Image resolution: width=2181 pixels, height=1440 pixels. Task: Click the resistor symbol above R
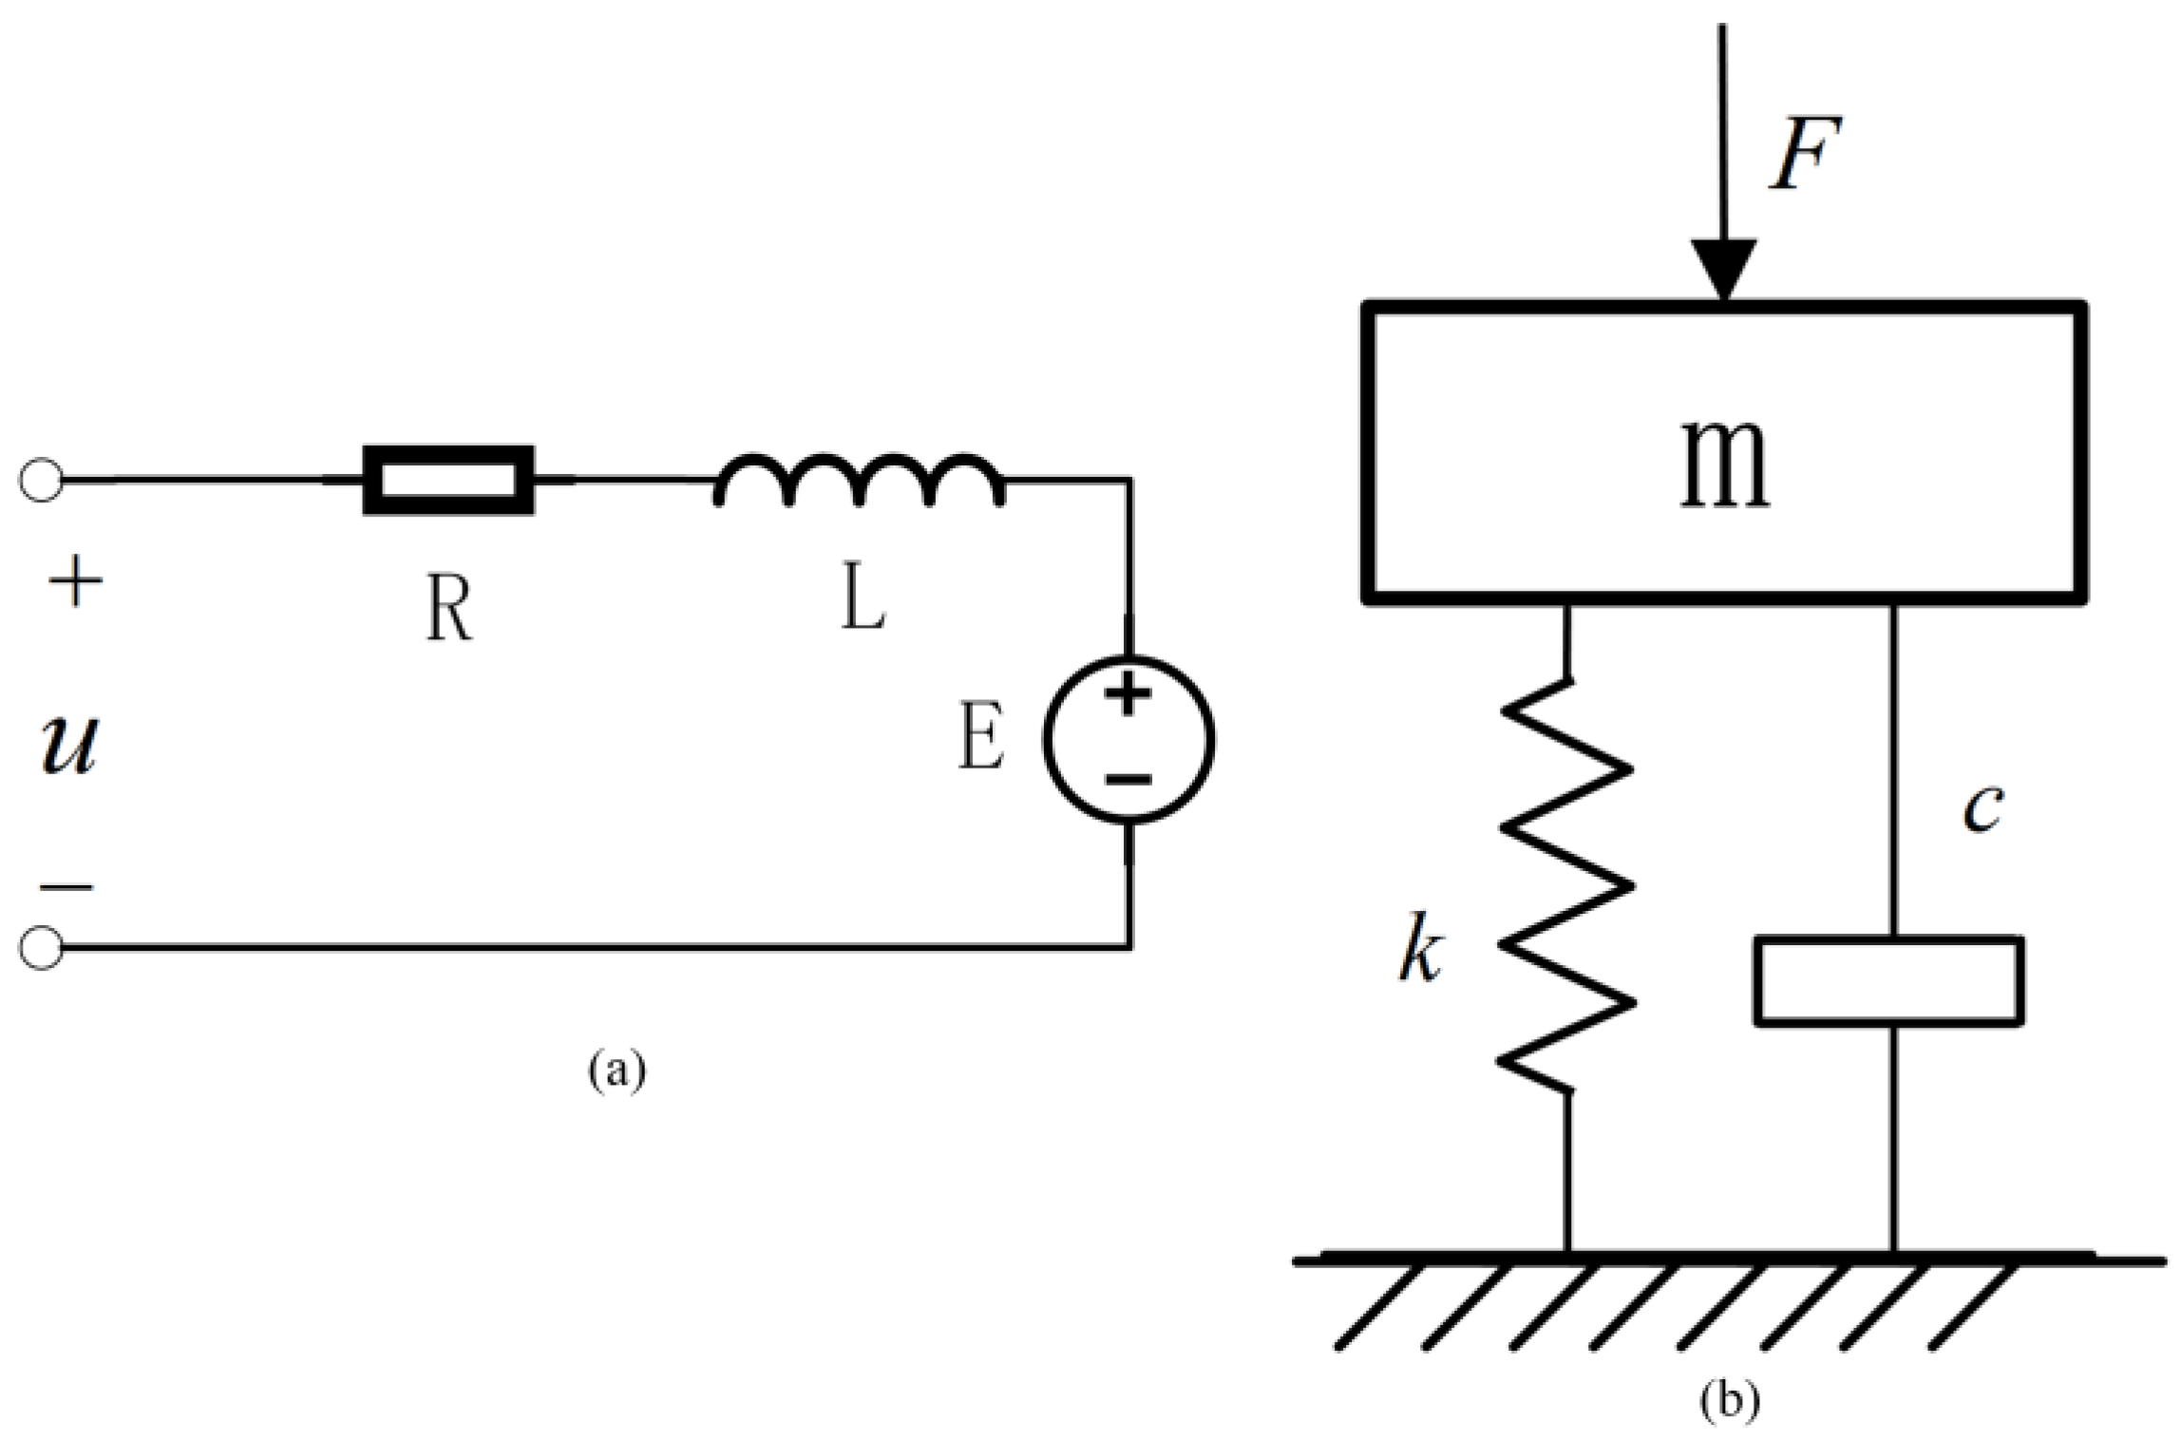coord(448,481)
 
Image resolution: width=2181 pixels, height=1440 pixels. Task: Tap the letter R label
coord(448,609)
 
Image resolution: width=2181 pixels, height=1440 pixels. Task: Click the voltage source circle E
coord(1128,738)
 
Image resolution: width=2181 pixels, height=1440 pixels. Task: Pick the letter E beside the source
coord(980,737)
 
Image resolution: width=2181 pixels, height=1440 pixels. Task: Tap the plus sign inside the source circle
coord(1128,694)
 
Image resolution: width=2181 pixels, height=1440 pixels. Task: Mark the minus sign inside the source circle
coord(1128,780)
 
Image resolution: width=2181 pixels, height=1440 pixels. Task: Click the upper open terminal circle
coord(41,481)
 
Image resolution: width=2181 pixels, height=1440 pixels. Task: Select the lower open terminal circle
coord(41,947)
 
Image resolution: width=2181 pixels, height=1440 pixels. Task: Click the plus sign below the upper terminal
coord(75,581)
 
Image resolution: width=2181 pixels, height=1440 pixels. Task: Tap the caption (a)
coord(617,1071)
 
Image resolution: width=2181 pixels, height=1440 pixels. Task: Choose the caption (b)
coord(1730,1400)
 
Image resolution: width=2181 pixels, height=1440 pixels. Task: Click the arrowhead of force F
coord(1723,269)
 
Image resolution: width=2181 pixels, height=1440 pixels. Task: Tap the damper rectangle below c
coord(1888,981)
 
